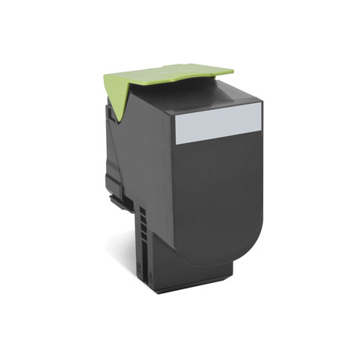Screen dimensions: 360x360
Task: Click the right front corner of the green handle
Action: point(233,72)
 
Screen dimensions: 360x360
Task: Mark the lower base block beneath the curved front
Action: point(189,271)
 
